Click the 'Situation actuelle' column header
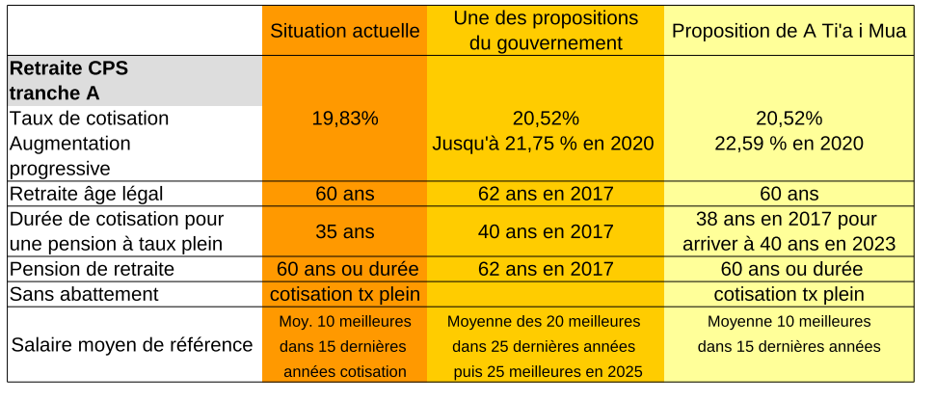click(x=345, y=31)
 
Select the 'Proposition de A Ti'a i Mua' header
click(x=789, y=31)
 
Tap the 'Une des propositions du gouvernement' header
click(x=546, y=31)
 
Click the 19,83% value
click(x=345, y=119)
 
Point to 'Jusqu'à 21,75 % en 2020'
click(x=546, y=143)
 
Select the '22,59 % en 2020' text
click(x=789, y=143)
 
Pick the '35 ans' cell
click(x=345, y=231)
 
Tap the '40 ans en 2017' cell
click(x=546, y=231)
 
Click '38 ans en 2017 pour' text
click(x=789, y=219)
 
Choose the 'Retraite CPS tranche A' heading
click(x=67, y=81)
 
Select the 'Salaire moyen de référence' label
click(x=132, y=344)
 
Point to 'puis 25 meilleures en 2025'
click(x=546, y=371)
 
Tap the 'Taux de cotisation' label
click(x=89, y=119)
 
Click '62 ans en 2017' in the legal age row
click(x=546, y=194)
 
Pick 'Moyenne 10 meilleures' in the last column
click(x=789, y=321)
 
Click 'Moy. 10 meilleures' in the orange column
click(x=345, y=321)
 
